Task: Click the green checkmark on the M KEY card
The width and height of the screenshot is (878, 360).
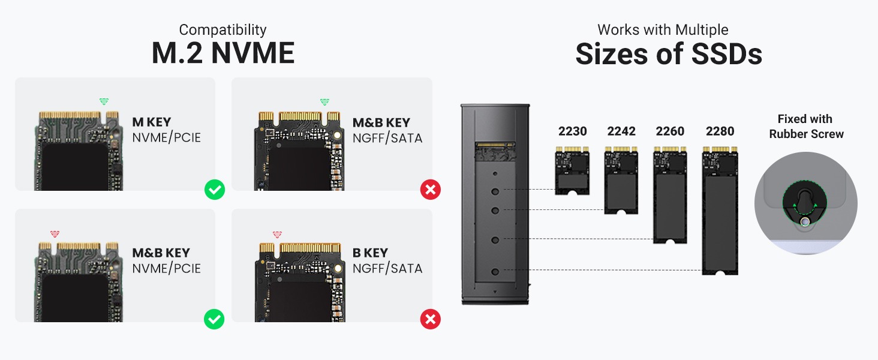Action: [x=214, y=190]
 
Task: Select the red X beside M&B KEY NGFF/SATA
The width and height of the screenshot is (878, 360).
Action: [x=430, y=190]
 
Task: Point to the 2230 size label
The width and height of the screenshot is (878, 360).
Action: [x=572, y=131]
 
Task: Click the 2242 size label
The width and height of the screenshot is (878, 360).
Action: [x=621, y=131]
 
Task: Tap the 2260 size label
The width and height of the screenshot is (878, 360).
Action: [x=670, y=131]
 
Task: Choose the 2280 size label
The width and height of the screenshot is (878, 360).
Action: [x=720, y=131]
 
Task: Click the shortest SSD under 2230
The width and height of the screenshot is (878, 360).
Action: [x=572, y=173]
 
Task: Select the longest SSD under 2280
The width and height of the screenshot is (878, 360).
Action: [x=720, y=213]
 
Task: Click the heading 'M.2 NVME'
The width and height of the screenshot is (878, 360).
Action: [x=222, y=53]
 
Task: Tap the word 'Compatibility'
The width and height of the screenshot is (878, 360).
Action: [x=222, y=29]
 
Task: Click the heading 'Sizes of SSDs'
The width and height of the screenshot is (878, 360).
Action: [x=668, y=54]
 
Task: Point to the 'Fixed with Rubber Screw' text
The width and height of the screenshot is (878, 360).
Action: [x=805, y=127]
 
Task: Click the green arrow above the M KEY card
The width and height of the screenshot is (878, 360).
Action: [x=104, y=101]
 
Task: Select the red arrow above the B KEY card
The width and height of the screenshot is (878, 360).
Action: [x=277, y=234]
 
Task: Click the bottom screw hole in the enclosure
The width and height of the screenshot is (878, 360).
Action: [x=495, y=272]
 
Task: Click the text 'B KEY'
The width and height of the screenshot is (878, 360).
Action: [x=370, y=253]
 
